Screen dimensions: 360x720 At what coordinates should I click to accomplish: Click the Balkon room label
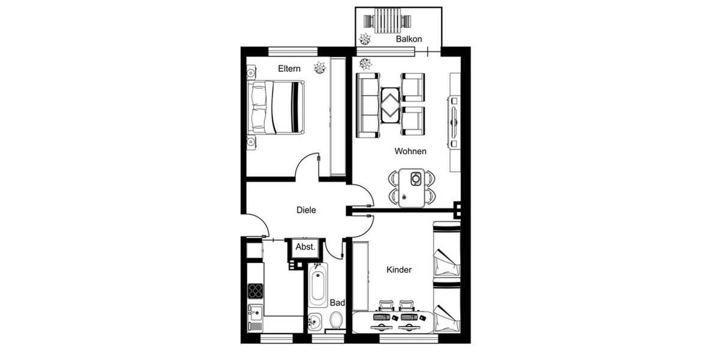(x=409, y=39)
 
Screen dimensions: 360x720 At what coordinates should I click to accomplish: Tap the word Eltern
(x=289, y=69)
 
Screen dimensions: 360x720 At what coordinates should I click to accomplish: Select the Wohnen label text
(x=410, y=151)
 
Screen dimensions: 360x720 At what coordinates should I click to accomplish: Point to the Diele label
(x=306, y=210)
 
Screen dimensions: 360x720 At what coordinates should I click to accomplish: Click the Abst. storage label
(x=305, y=247)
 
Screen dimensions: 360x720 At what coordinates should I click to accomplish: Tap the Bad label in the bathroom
(x=337, y=303)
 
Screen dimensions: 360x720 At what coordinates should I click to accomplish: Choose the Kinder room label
(x=399, y=270)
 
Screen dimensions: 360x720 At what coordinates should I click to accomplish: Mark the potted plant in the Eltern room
(x=320, y=68)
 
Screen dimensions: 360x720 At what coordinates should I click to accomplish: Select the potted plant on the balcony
(x=364, y=40)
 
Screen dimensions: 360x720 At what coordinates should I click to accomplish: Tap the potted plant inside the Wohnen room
(x=364, y=62)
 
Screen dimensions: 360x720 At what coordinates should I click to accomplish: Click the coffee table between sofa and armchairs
(x=390, y=105)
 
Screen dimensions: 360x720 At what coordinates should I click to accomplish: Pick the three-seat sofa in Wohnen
(x=367, y=105)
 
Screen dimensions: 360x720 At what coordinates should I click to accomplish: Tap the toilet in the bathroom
(x=336, y=319)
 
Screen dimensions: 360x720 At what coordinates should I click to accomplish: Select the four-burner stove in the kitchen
(x=256, y=290)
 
